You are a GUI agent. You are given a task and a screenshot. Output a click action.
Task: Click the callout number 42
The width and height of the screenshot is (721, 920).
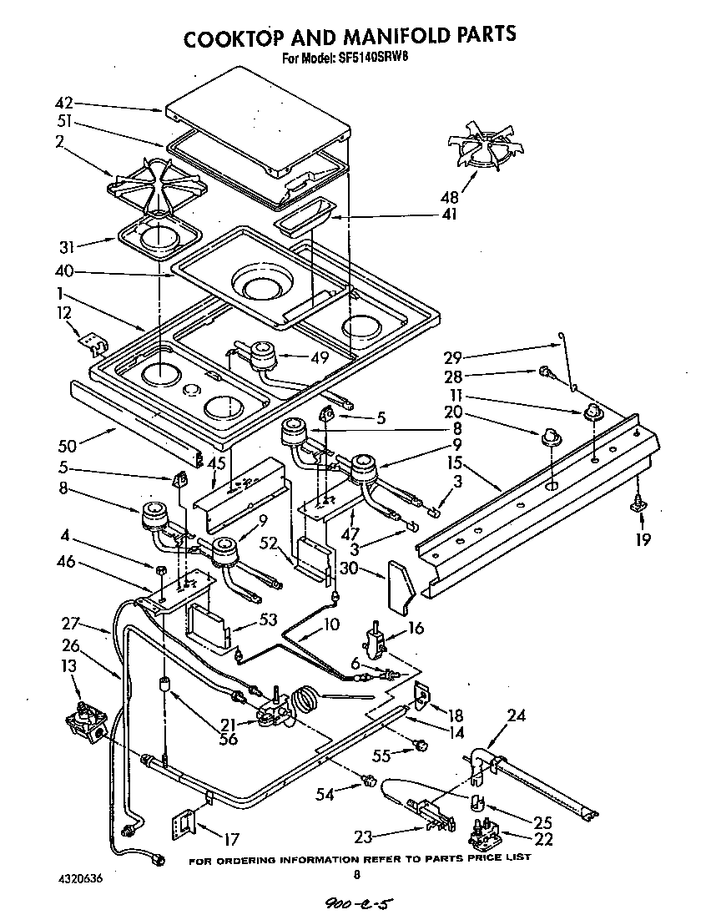[x=63, y=104]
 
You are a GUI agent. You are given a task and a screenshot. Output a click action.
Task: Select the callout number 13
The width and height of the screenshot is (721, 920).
[x=70, y=665]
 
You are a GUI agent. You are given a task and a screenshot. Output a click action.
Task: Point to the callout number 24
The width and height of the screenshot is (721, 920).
[x=517, y=715]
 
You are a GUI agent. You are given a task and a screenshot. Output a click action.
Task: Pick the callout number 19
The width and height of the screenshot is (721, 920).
[x=641, y=539]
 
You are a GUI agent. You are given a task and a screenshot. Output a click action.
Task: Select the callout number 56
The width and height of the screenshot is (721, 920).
[x=228, y=738]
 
